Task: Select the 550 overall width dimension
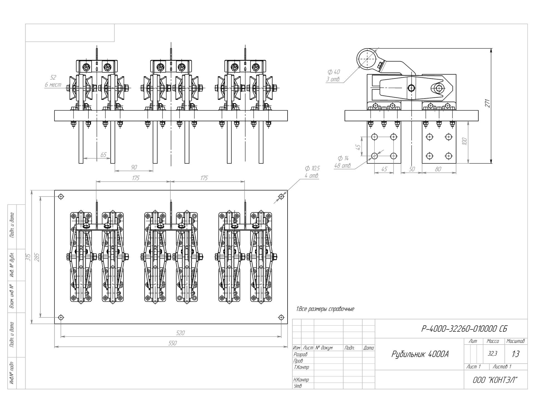tap(172, 343)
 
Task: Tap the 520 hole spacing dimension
tap(180, 333)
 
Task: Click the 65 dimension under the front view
tap(103, 155)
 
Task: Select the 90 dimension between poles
tap(134, 167)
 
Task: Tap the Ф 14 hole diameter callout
tap(343, 158)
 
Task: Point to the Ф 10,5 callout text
tap(312, 168)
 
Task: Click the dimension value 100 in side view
tap(464, 141)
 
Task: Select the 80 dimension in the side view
tap(438, 169)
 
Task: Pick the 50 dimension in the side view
tap(412, 169)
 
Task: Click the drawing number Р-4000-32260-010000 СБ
tap(464, 329)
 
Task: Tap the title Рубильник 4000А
tap(420, 354)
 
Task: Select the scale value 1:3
tap(515, 354)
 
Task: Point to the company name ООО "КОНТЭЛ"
tap(495, 380)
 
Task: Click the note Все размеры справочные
tap(325, 309)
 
